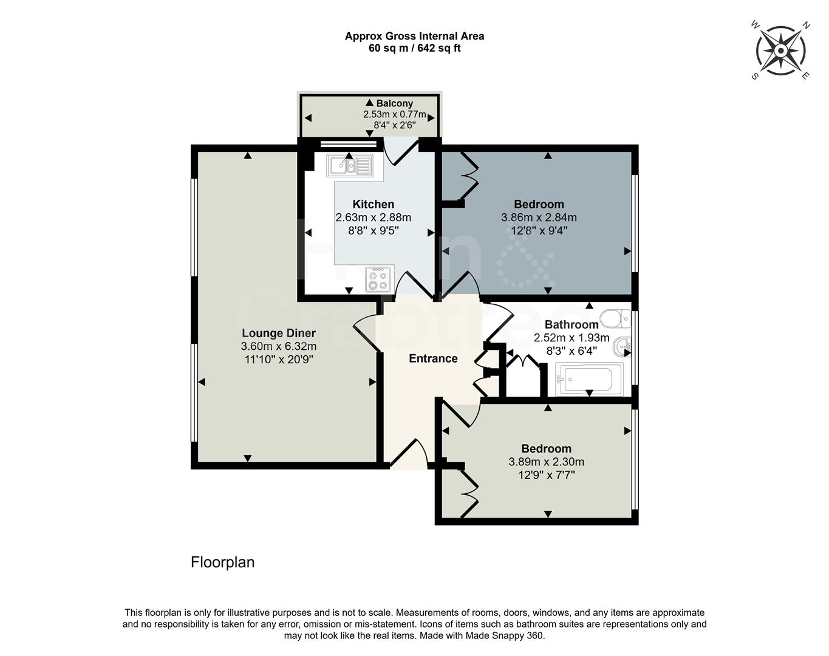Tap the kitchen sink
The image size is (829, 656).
pyautogui.click(x=349, y=165)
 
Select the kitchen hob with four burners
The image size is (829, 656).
pyautogui.click(x=378, y=279)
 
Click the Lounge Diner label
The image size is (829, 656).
pyautogui.click(x=279, y=333)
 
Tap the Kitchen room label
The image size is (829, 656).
pyautogui.click(x=374, y=204)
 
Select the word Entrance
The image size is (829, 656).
pyautogui.click(x=433, y=358)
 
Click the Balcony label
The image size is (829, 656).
pyautogui.click(x=394, y=103)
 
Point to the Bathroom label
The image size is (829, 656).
pyautogui.click(x=571, y=324)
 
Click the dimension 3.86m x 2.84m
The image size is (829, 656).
pyautogui.click(x=539, y=217)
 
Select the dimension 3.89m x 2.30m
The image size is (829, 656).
pyautogui.click(x=546, y=462)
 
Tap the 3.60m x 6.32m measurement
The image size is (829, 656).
pyautogui.click(x=279, y=346)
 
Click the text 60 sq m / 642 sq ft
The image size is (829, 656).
pyautogui.click(x=414, y=48)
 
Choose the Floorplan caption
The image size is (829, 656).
pyautogui.click(x=222, y=562)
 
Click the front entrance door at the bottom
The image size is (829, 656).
pyautogui.click(x=409, y=455)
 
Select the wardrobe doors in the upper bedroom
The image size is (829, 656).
pyautogui.click(x=468, y=176)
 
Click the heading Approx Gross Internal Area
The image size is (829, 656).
pyautogui.click(x=414, y=36)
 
